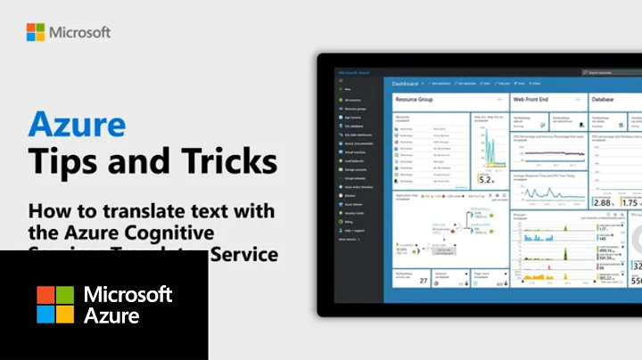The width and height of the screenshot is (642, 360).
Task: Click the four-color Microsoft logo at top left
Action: [x=35, y=32]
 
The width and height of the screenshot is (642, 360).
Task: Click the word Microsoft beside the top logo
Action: [x=80, y=32]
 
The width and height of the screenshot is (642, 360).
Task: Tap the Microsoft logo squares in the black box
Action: [x=55, y=304]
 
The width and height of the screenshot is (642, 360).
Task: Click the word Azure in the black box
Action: [x=107, y=315]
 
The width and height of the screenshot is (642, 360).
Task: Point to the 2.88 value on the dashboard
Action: [x=602, y=202]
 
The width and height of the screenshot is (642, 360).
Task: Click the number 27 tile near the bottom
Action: [x=424, y=281]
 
